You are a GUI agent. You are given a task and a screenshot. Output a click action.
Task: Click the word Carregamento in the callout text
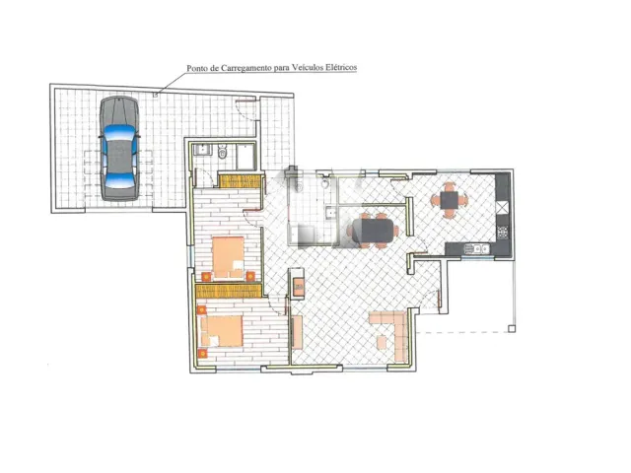tap(245, 68)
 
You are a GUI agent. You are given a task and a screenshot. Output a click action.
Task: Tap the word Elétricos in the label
tap(341, 67)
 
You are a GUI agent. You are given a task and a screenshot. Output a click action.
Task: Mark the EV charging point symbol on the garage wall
tap(156, 95)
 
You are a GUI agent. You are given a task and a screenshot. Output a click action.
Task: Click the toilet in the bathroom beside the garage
tap(222, 152)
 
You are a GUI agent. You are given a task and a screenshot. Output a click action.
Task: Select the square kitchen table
tap(450, 200)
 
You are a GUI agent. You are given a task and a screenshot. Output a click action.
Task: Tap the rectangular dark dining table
tap(373, 231)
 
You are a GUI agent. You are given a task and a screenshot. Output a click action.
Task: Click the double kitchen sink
tap(477, 249)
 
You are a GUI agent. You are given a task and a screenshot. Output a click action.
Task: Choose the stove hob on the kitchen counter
tap(503, 233)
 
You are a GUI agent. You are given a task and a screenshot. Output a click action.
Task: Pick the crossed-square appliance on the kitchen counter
tap(503, 208)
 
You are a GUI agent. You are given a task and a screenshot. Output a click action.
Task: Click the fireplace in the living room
tap(297, 284)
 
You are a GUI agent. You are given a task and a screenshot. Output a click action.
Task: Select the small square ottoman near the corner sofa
tap(382, 342)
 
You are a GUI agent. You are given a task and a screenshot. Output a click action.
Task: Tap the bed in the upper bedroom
tap(228, 257)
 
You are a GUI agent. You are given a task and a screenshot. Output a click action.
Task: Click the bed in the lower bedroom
tap(222, 331)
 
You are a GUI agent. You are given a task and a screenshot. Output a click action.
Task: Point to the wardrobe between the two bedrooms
tap(229, 291)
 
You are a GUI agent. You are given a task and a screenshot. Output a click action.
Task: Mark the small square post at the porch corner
tap(512, 329)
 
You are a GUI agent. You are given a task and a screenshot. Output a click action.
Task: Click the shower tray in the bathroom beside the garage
tap(245, 157)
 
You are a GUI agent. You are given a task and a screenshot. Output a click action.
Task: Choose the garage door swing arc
tap(245, 110)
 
